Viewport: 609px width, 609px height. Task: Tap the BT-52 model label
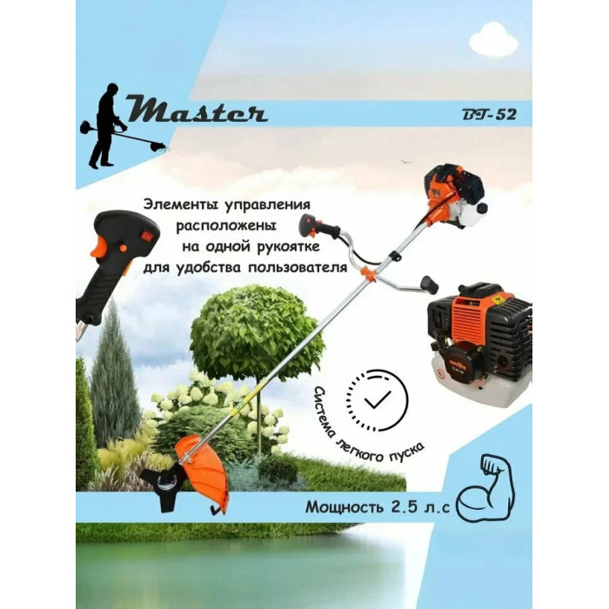[489, 115]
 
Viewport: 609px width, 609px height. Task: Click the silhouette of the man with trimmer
[117, 125]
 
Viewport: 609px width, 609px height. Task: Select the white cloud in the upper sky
[493, 39]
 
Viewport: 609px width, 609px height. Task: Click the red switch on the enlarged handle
[148, 235]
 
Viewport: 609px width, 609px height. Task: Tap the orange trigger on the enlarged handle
[99, 246]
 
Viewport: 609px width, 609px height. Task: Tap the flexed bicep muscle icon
[485, 487]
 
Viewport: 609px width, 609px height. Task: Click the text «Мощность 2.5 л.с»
[378, 507]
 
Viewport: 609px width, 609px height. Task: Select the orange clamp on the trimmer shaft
[369, 274]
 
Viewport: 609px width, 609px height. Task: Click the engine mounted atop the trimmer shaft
[454, 196]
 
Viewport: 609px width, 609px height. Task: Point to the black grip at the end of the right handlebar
[429, 284]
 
